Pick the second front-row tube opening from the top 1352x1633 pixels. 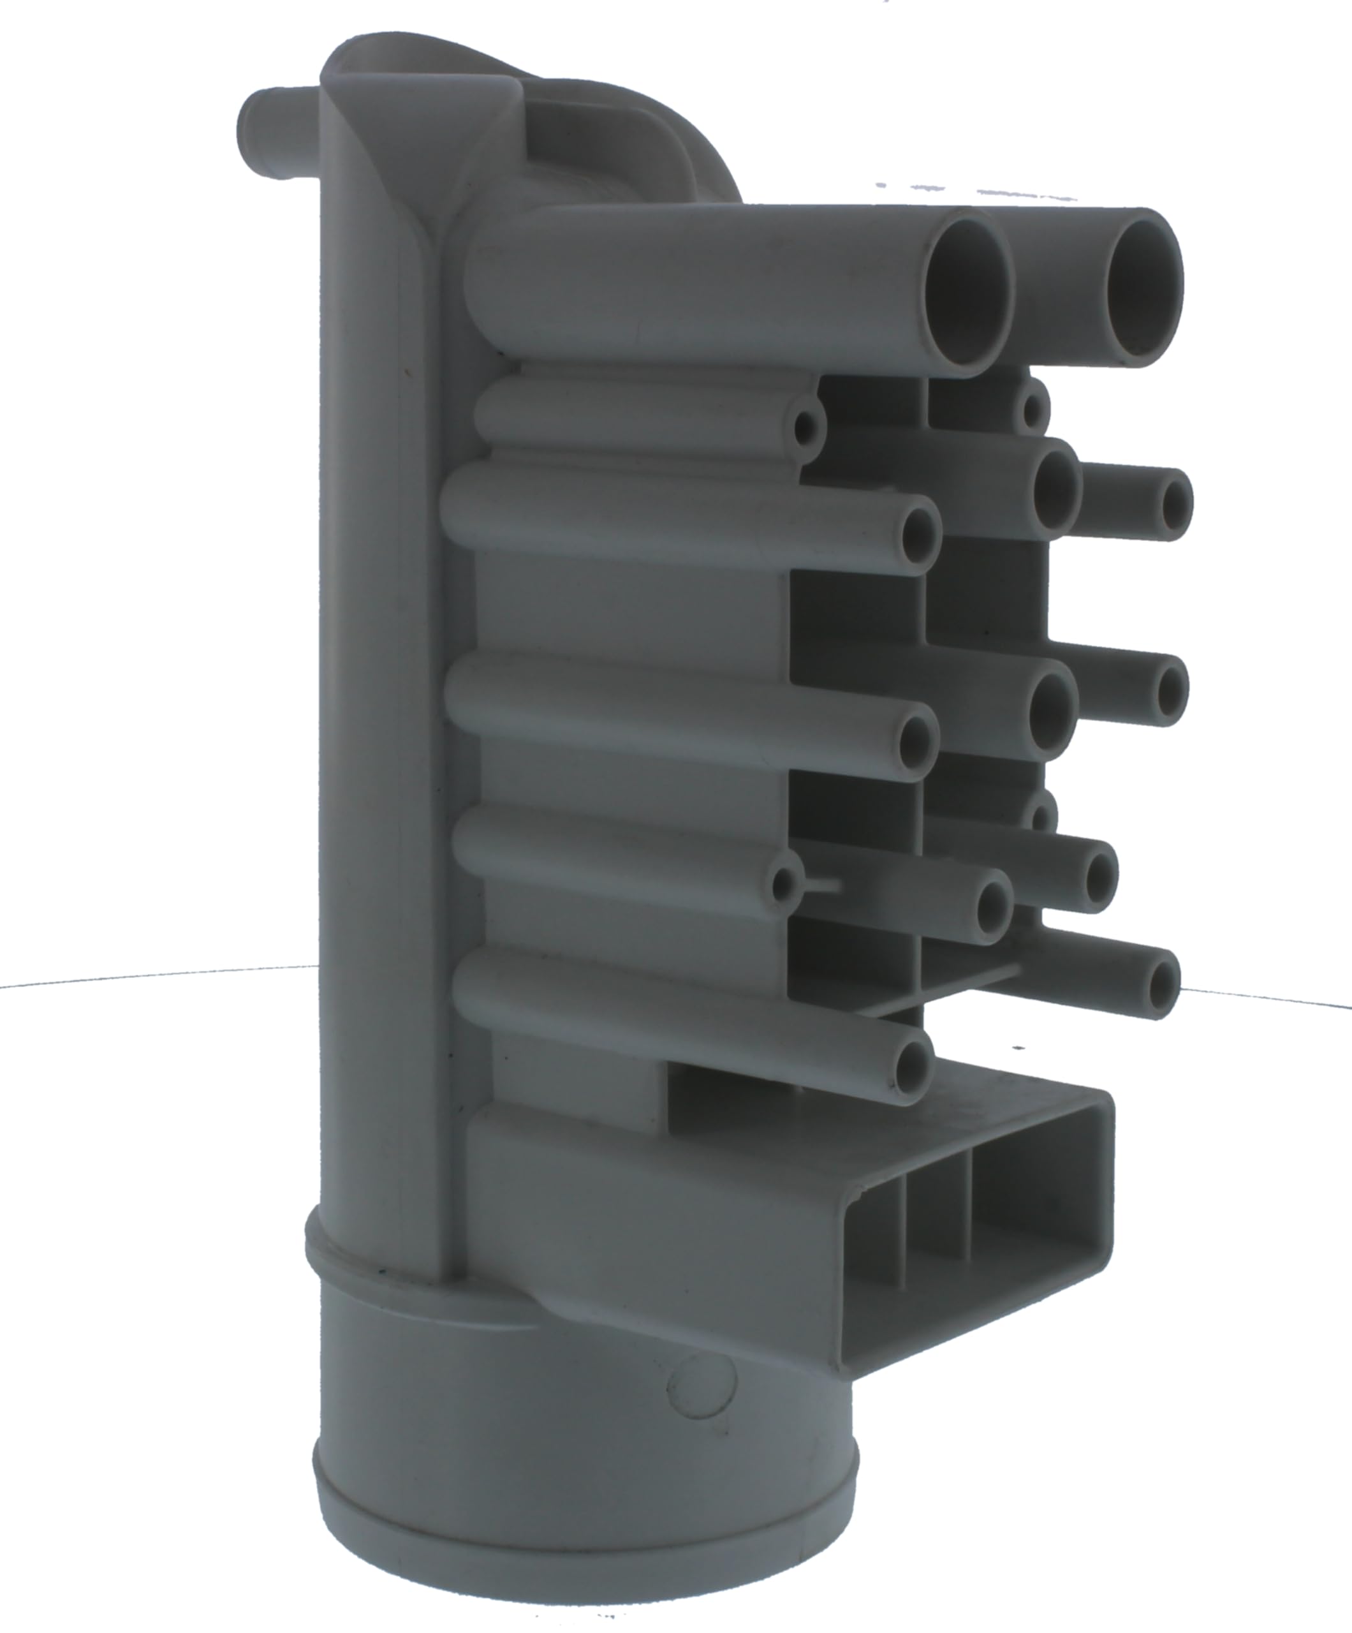[x=920, y=536]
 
